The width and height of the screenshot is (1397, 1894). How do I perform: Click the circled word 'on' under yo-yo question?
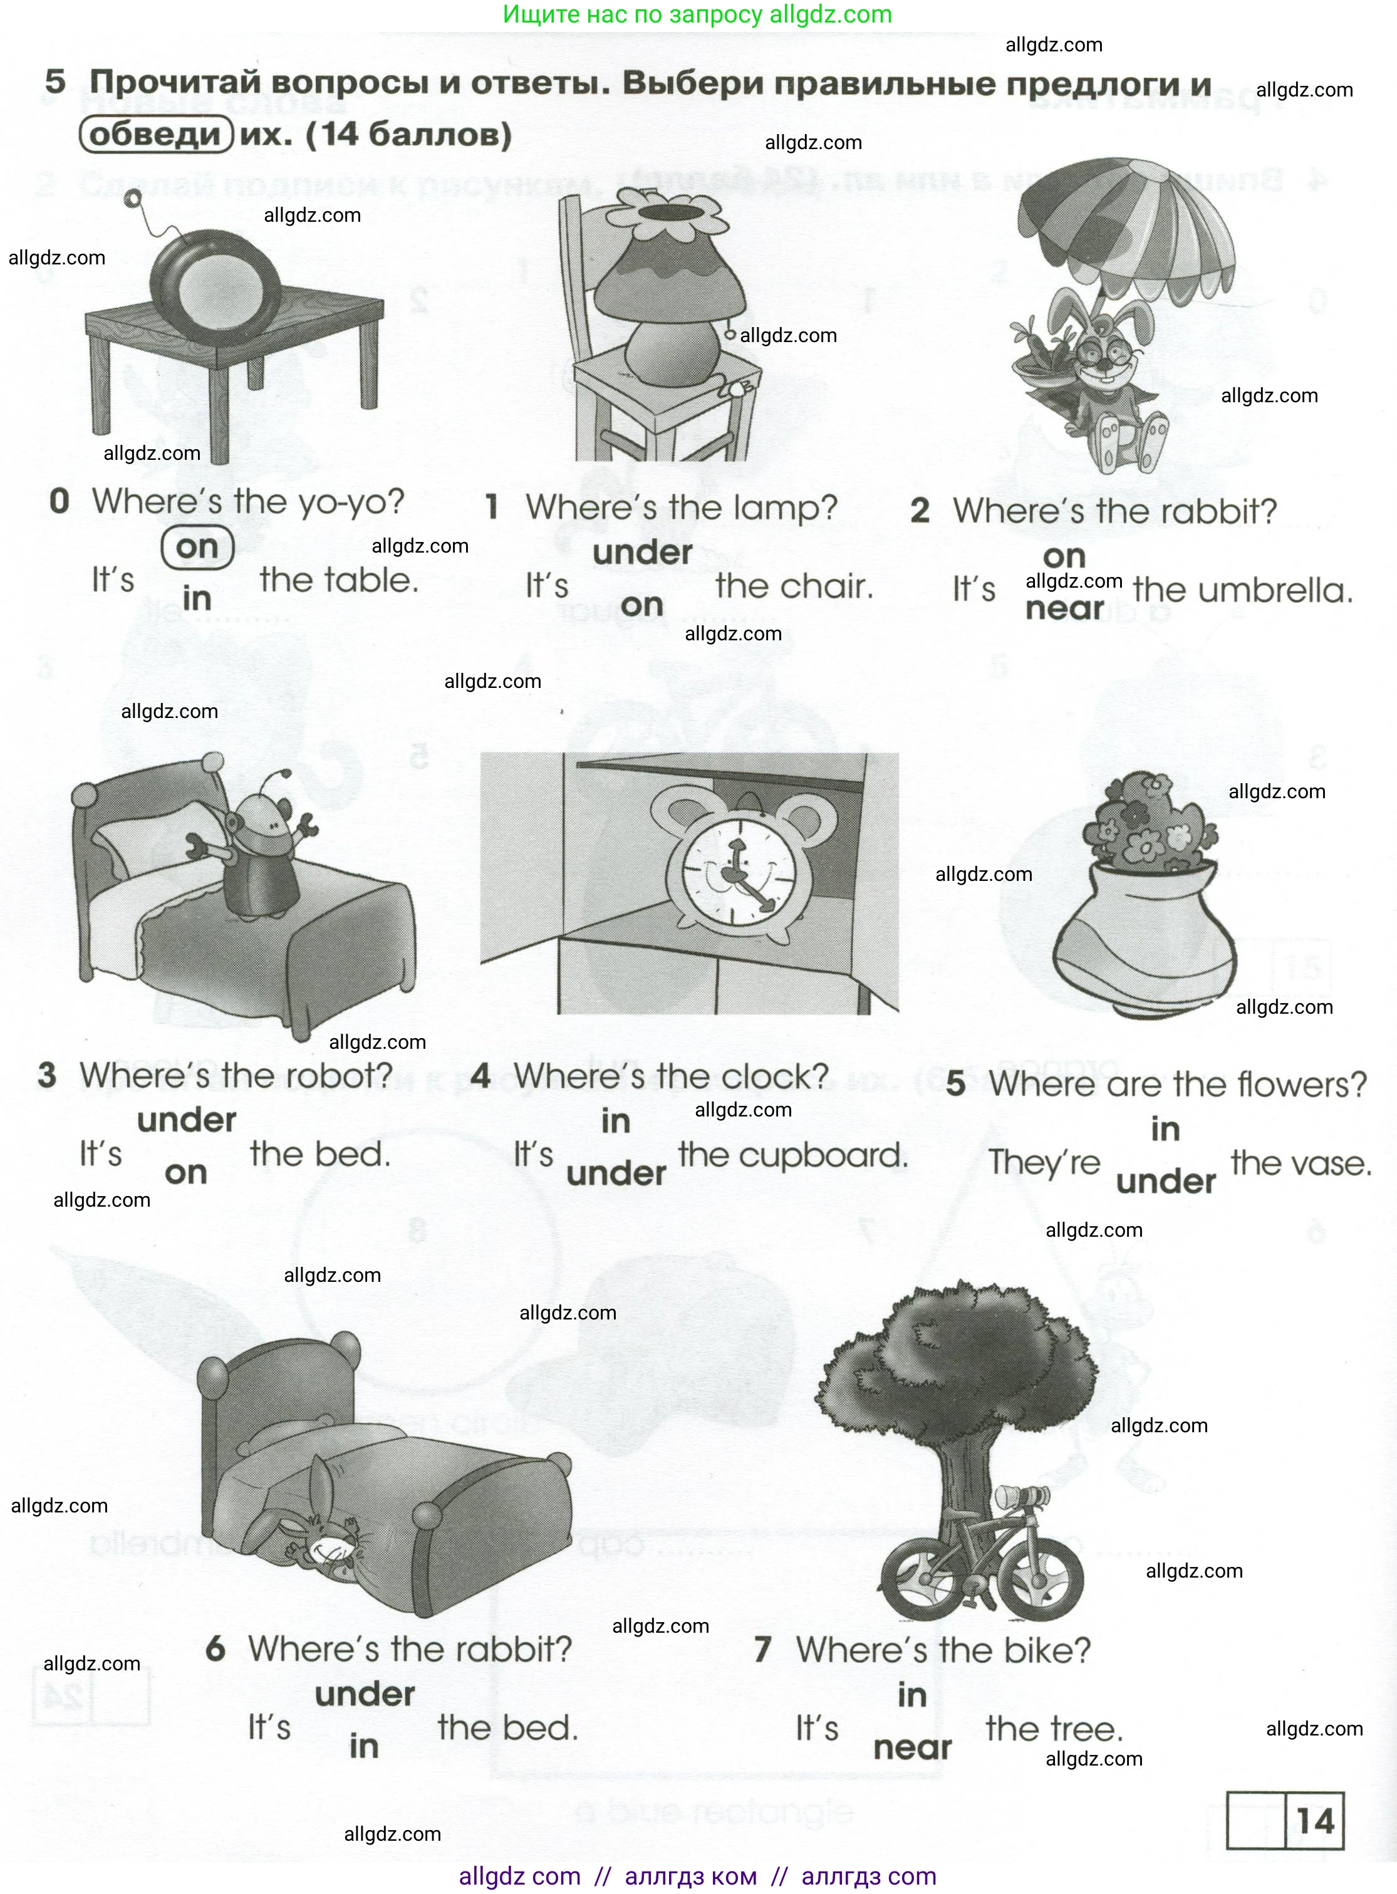pos(197,547)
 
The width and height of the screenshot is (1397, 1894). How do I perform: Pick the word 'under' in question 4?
pos(616,1173)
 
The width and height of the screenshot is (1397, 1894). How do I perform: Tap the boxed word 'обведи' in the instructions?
pos(155,135)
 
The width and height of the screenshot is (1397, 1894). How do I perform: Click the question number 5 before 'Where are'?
pos(955,1084)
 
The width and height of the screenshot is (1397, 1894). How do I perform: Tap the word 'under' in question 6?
pos(365,1695)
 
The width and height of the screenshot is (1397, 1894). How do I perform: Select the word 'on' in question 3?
pos(186,1173)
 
